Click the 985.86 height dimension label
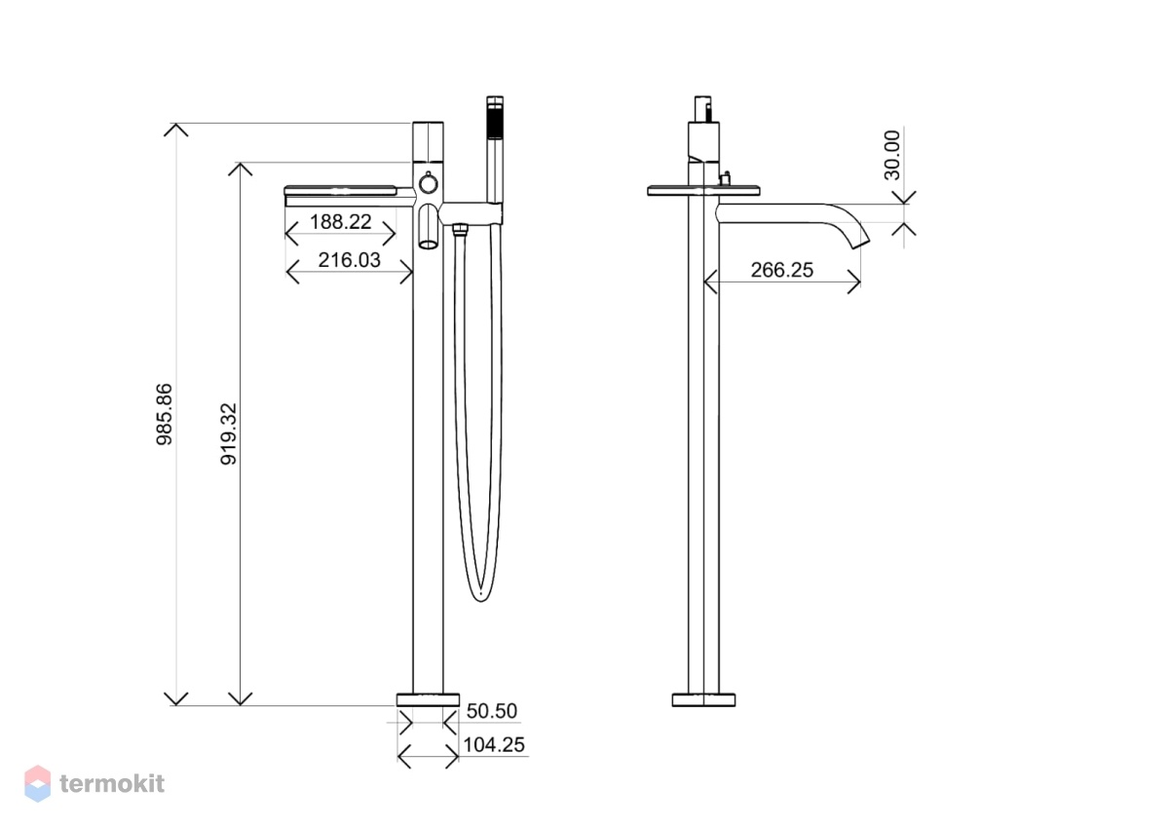tap(165, 414)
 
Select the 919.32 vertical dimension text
tap(229, 433)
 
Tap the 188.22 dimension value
tap(340, 222)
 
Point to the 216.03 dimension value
tap(349, 260)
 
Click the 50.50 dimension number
tap(492, 711)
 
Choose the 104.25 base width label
tap(494, 744)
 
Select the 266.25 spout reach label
tap(781, 270)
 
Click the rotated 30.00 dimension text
tap(892, 155)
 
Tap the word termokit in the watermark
tap(112, 784)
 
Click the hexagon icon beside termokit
tap(38, 783)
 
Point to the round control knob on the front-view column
tap(428, 184)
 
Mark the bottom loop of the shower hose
tap(480, 594)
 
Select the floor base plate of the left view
tap(428, 699)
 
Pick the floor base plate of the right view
tap(703, 699)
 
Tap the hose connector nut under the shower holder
tap(459, 229)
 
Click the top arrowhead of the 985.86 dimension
tap(176, 130)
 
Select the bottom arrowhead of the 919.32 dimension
tap(240, 699)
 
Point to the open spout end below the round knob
tap(428, 244)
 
